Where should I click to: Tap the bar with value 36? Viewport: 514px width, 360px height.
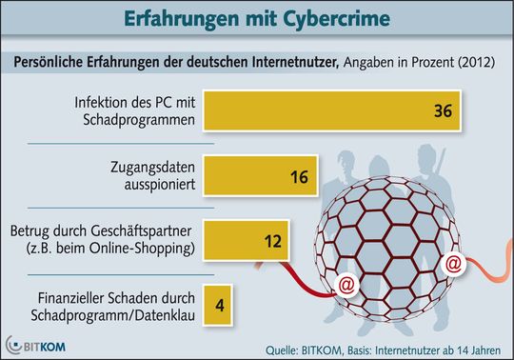[x=324, y=110]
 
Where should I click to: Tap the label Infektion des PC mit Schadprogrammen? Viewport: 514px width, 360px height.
[x=134, y=110]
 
